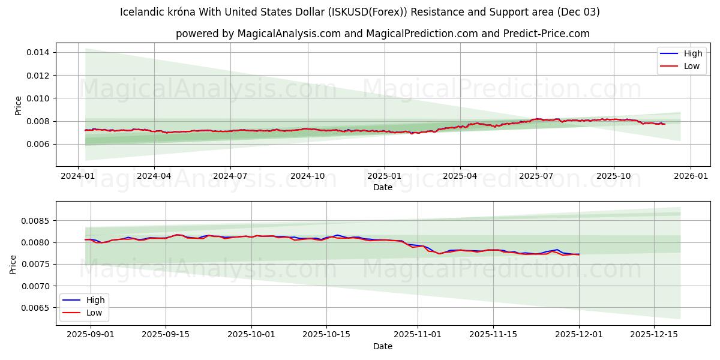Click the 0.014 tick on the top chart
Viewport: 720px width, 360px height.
pos(38,53)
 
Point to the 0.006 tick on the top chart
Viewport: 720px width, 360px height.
pos(38,145)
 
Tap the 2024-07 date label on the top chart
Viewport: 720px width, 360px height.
pos(230,176)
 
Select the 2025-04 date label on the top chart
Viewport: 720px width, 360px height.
pos(460,176)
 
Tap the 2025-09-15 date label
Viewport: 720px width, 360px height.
pos(166,335)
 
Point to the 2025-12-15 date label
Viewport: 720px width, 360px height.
pos(655,335)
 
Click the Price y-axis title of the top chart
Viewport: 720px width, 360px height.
pos(18,105)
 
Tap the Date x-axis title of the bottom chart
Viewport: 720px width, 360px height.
pos(383,346)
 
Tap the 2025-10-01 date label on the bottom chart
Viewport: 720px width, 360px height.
pos(251,335)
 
